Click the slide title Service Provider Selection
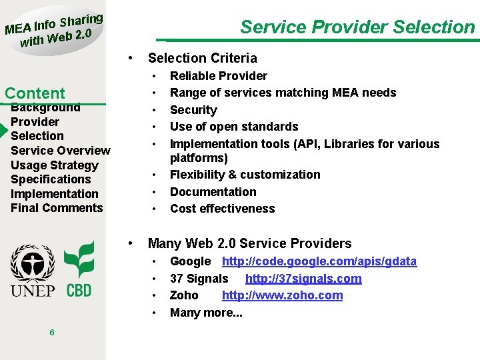357,27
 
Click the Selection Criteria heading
202,58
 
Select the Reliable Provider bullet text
218,76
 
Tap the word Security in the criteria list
193,110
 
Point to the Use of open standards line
234,127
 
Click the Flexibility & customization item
245,175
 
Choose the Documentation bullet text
213,192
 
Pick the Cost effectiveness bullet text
222,209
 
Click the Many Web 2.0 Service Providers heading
249,243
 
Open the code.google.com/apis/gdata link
319,261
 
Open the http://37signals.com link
303,279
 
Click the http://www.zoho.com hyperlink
282,295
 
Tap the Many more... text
206,313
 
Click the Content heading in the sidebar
35,93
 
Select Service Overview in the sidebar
60,151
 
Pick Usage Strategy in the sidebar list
54,165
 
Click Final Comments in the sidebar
57,208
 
